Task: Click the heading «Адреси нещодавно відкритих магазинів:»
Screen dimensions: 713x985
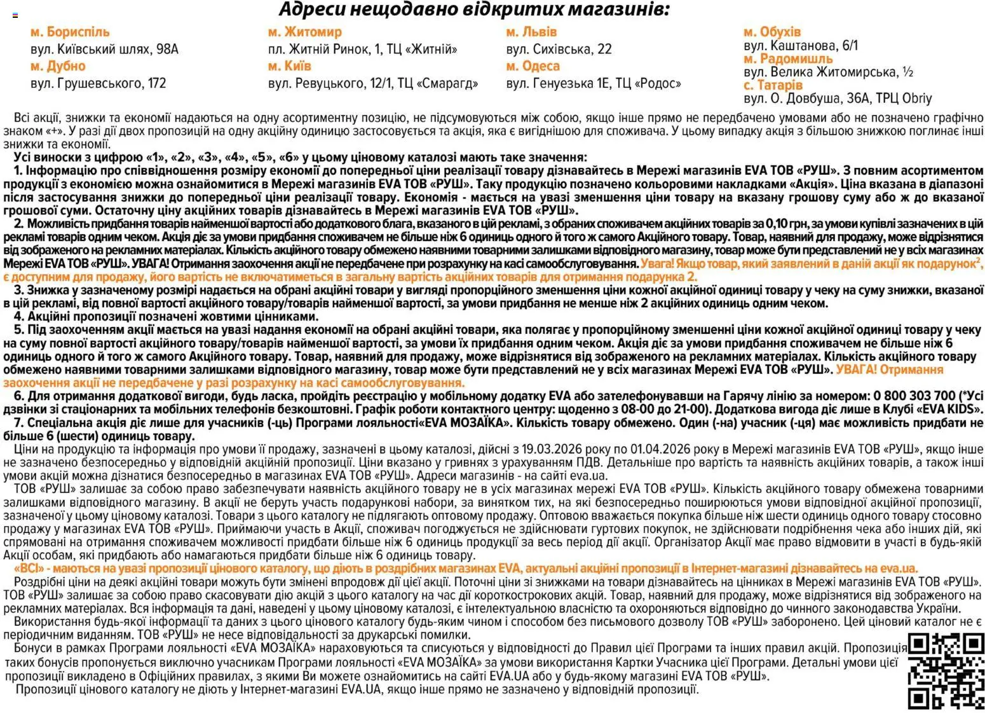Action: pos(474,10)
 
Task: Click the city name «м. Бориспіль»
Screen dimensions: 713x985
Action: pos(70,32)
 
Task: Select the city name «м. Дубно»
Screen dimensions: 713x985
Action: pos(58,66)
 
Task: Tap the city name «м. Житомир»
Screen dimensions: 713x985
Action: pos(304,32)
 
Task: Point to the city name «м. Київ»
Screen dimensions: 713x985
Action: pos(290,66)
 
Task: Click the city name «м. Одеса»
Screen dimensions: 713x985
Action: pos(533,66)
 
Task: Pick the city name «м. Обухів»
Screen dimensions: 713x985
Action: pos(772,32)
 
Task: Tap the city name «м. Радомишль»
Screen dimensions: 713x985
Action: pos(788,59)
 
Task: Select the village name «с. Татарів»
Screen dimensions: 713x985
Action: pos(773,85)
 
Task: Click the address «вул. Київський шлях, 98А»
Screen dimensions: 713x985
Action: pos(104,49)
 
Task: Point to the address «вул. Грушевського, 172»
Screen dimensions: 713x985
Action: pos(98,83)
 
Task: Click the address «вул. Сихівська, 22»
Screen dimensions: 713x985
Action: pos(559,49)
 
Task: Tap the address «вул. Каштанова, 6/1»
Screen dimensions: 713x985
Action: pos(801,45)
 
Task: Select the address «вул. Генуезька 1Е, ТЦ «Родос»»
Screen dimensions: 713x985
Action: pos(594,83)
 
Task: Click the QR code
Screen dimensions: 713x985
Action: pos(946,671)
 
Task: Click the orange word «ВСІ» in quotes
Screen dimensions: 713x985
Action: pos(30,568)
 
